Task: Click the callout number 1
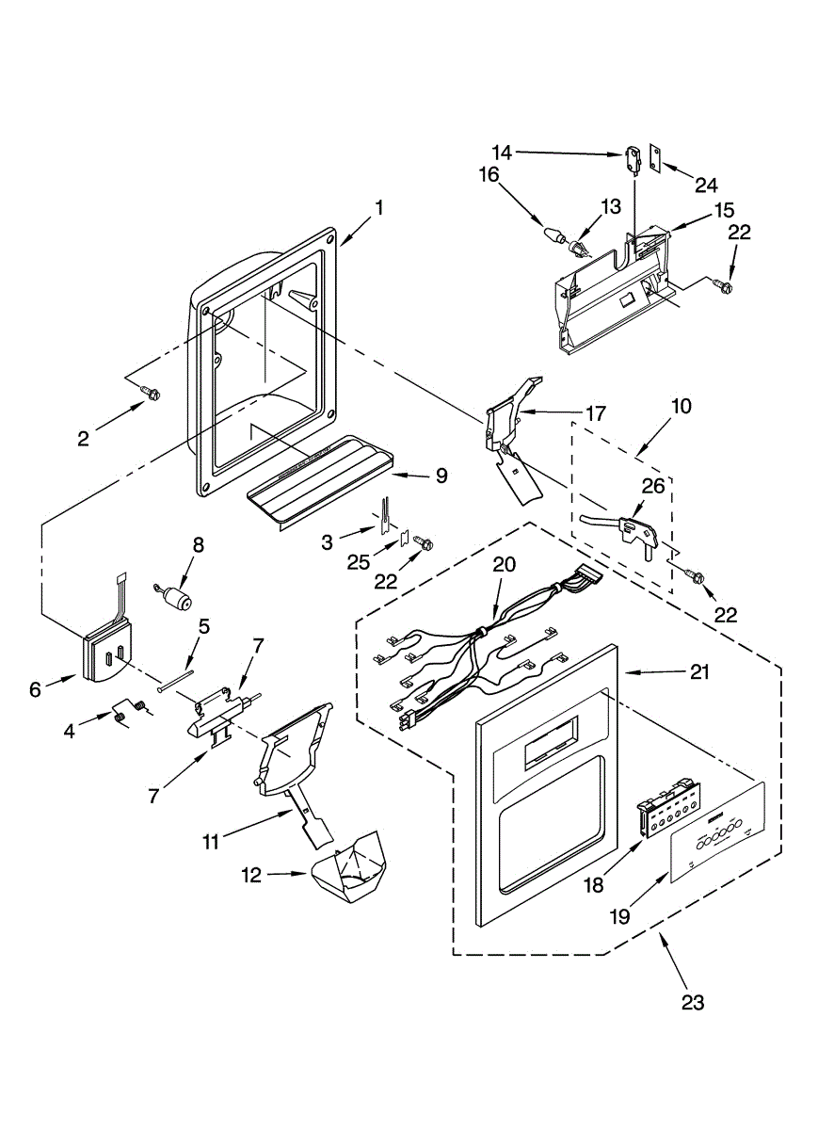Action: tap(378, 208)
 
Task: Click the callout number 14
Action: tap(502, 151)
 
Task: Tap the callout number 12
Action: tap(250, 875)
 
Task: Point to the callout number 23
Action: tap(692, 1002)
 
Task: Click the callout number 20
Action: tap(505, 564)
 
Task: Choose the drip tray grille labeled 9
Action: tap(320, 479)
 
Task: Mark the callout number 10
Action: tap(681, 407)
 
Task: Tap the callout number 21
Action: tap(698, 672)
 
